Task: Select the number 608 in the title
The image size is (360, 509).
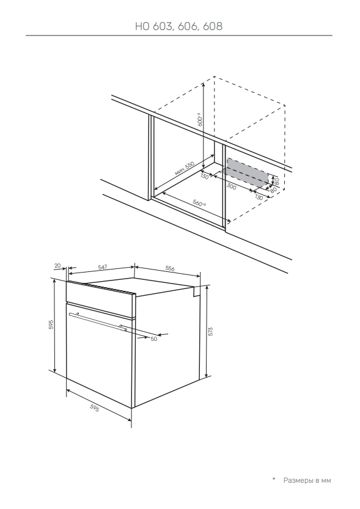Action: coord(213,26)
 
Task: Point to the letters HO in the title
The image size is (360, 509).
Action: coord(142,26)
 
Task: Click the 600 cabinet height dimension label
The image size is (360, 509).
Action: coord(200,120)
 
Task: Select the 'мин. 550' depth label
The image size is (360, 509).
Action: coord(185,169)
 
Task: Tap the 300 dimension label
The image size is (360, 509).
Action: coord(231,186)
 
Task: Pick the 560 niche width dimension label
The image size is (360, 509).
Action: coord(199,203)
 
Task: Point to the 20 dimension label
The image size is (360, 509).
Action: coord(57,266)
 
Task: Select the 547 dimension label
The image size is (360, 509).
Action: coord(102,267)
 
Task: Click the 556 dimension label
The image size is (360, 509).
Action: coord(170,268)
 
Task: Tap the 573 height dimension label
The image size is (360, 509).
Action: coord(210,331)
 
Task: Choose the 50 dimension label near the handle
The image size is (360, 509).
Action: coord(154,339)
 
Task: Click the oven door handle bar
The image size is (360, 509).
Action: coord(98,321)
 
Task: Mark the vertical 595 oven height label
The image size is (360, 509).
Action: coord(51,325)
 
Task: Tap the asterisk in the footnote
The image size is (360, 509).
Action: coord(274,479)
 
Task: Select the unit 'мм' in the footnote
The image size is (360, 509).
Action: coord(326,481)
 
